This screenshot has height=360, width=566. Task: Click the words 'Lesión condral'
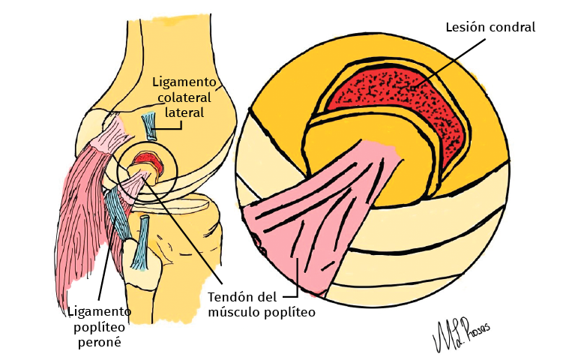[x=490, y=28]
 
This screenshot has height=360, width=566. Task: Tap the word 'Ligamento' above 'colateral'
[x=184, y=82]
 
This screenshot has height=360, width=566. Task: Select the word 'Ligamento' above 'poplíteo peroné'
[x=100, y=310]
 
